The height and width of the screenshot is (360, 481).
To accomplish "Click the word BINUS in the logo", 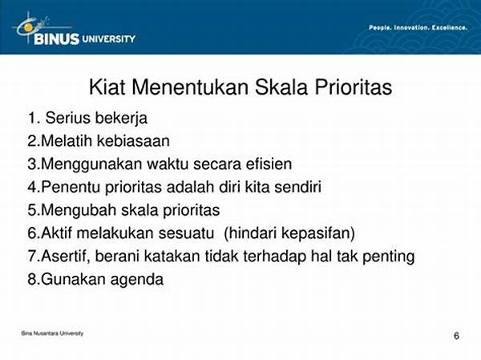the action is coord(56,39).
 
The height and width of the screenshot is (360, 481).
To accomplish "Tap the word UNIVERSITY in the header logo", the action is coord(108,39).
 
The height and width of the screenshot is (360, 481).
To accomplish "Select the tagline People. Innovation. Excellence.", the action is coord(418,27).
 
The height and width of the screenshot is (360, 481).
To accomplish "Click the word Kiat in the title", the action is coord(107,87).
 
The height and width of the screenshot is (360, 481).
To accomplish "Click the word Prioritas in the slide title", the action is coord(354,87).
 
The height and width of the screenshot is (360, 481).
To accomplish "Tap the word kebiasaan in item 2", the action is coord(133,141).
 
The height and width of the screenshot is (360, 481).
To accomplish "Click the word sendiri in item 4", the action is coord(297,187).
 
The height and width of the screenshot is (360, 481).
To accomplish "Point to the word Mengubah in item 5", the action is coord(79,211).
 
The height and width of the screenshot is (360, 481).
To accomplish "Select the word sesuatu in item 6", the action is coord(186,233).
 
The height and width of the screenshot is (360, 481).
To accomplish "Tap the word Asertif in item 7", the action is coord(66,257).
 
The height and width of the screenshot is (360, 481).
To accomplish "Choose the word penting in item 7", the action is coord(388,257).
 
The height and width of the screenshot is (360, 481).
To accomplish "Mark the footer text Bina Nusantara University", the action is coord(52,334).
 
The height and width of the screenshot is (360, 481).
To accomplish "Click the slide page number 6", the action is coord(456,336).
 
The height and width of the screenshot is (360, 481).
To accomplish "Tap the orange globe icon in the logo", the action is coord(29,28).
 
